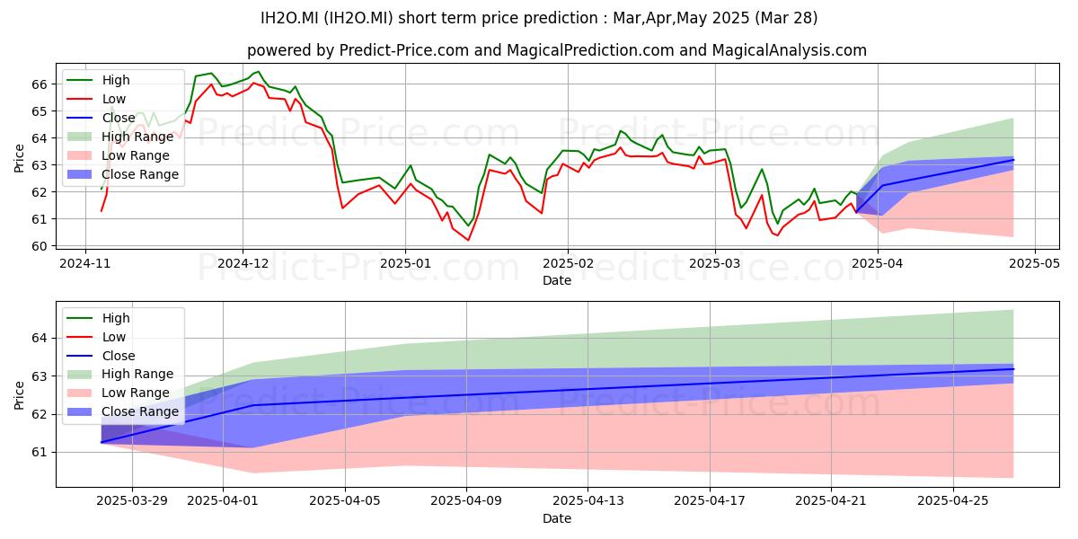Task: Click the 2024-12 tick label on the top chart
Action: point(243,264)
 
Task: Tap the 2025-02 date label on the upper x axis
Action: point(568,264)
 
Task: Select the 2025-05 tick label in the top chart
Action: point(1035,264)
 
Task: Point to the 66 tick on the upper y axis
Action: point(40,84)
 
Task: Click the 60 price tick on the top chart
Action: point(40,246)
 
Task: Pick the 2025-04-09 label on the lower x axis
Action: point(466,501)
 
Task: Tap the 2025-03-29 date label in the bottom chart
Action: point(132,501)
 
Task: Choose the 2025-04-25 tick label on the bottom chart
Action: point(953,501)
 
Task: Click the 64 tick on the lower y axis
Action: point(40,339)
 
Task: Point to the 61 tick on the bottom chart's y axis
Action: point(40,453)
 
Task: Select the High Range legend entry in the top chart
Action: point(119,137)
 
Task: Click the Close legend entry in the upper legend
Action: point(101,118)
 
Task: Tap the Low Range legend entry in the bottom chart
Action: point(119,393)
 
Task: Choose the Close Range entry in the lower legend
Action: point(123,411)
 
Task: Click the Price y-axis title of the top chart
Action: point(19,158)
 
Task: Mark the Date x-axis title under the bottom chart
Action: point(557,518)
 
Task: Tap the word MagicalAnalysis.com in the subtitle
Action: point(790,50)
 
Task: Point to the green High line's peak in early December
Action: point(259,72)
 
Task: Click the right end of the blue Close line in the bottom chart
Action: point(1013,369)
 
